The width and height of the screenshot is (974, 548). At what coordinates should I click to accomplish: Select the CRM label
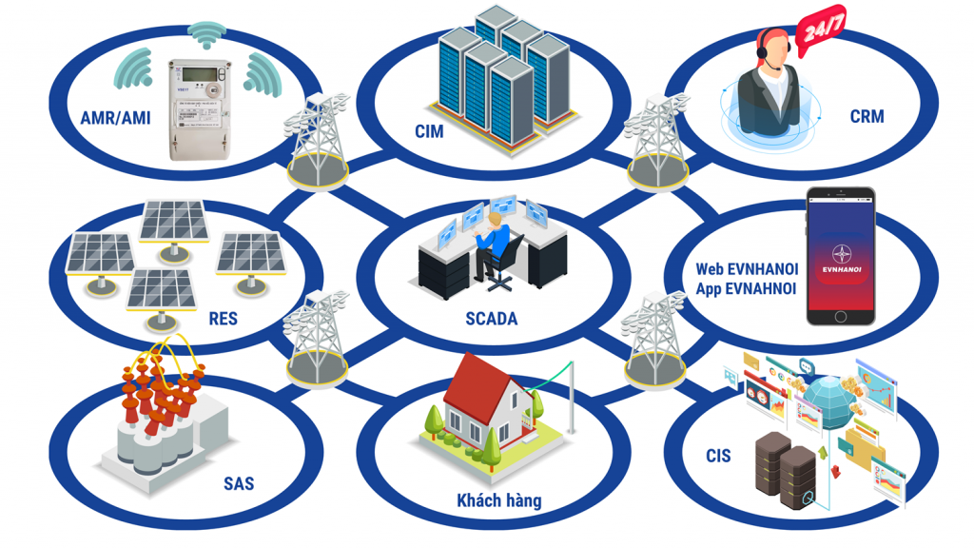pos(867,117)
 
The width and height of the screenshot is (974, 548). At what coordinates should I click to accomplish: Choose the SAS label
pos(239,483)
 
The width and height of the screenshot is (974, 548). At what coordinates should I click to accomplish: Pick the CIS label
pos(718,456)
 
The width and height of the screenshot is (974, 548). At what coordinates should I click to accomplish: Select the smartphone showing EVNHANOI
pos(841,254)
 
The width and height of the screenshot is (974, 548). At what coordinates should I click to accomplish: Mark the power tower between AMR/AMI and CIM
pos(317,140)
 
